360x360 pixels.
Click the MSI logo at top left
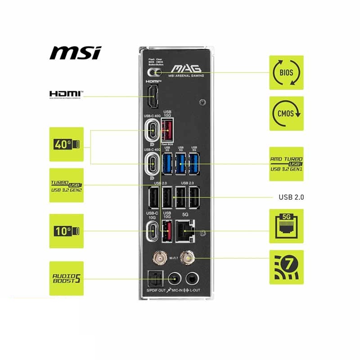(x=75, y=52)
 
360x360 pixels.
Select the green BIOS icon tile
(x=286, y=72)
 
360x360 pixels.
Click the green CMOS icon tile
(x=286, y=113)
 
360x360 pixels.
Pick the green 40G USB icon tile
(x=66, y=144)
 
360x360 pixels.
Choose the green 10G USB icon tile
(x=66, y=231)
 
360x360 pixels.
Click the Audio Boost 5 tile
(x=66, y=278)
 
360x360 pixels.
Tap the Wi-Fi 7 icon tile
(x=286, y=267)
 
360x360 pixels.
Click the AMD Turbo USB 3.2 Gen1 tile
(x=286, y=164)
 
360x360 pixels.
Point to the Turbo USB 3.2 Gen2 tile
(x=66, y=185)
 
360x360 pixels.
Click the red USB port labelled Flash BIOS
(x=167, y=131)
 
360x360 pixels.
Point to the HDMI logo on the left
(x=66, y=94)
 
